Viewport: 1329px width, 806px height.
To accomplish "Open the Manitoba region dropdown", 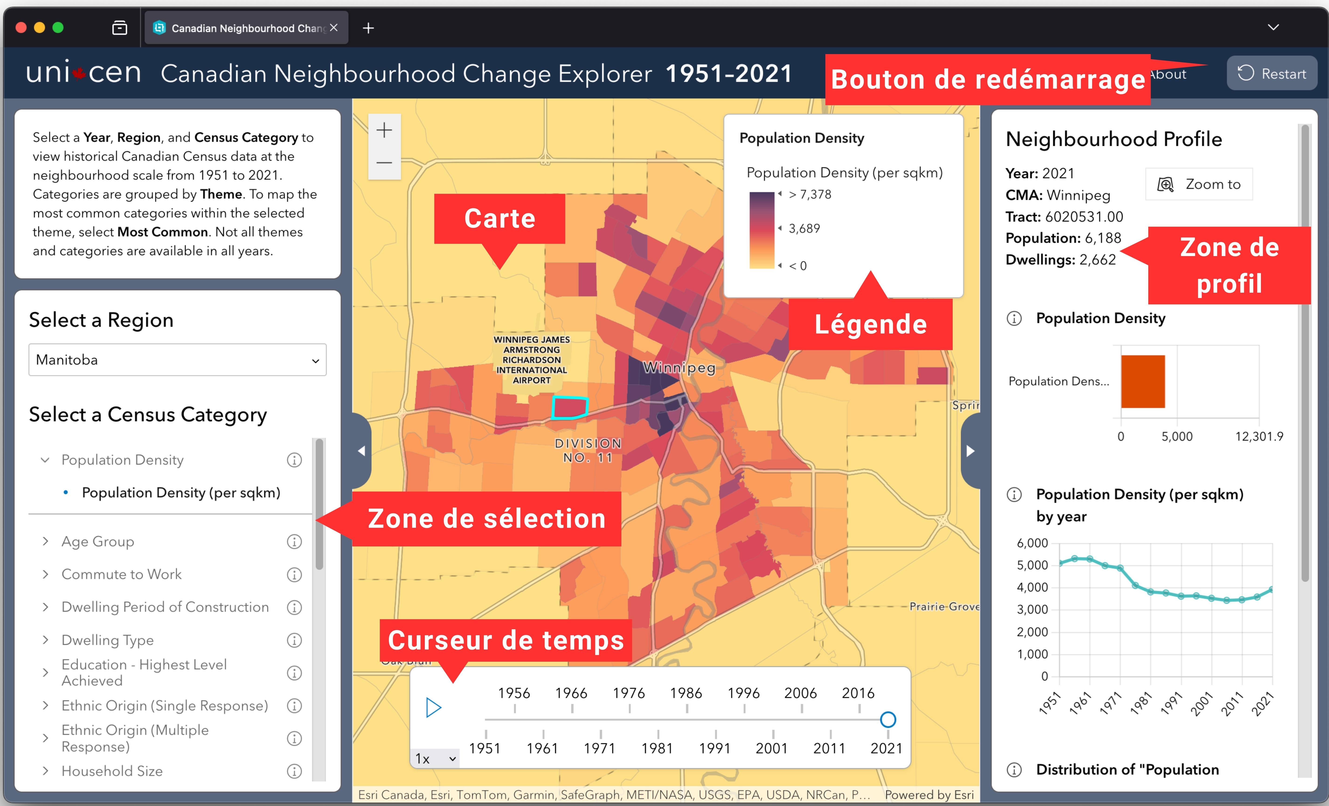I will (177, 360).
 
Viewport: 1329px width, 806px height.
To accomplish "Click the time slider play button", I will (433, 707).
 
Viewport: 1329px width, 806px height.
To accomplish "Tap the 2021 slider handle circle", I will (888, 720).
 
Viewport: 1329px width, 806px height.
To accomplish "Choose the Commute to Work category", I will (121, 574).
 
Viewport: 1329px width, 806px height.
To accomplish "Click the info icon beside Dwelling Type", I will (294, 640).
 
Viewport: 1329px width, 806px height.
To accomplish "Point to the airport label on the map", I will (531, 360).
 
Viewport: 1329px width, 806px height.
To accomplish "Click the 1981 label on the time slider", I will (657, 748).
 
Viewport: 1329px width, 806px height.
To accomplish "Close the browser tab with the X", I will (334, 28).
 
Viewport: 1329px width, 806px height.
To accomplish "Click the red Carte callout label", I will (499, 219).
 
